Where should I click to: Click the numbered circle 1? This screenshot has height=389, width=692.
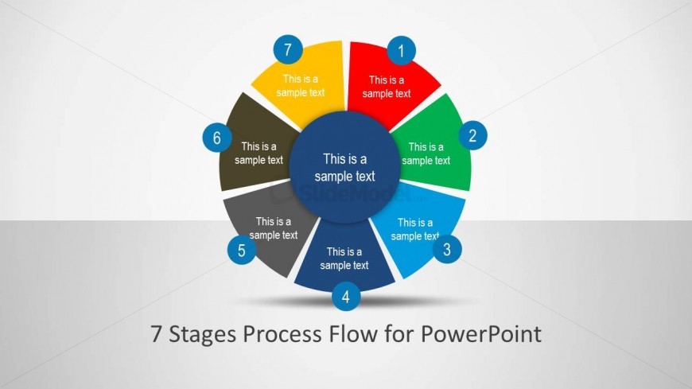point(401,51)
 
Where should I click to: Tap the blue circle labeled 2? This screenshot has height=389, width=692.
point(472,135)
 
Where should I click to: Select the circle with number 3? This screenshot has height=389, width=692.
point(447,249)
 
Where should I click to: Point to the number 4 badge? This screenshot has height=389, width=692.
point(346,296)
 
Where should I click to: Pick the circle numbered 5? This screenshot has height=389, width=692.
point(242,250)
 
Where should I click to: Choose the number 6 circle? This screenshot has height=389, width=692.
point(217,138)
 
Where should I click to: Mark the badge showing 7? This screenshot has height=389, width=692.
point(288,49)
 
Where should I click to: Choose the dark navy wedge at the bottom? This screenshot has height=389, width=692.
point(344,259)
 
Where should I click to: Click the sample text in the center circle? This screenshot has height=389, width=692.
point(345,167)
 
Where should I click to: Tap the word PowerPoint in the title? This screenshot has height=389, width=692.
point(481,333)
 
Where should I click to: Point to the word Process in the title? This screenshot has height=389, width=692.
point(282,333)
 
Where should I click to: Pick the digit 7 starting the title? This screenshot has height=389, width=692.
point(156,334)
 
